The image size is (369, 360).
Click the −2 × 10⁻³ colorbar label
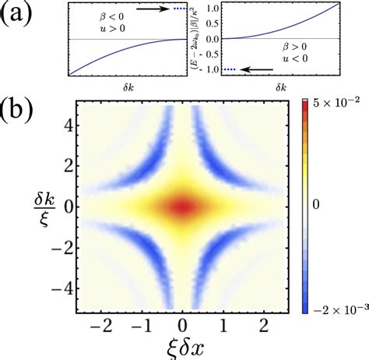coord(336,311)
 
